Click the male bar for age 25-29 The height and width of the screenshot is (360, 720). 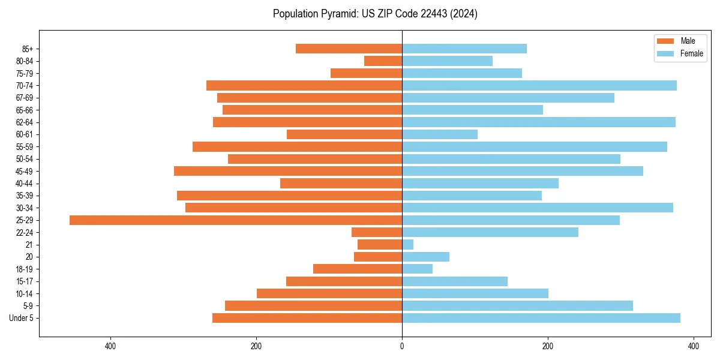(x=236, y=220)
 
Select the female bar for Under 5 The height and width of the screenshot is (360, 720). (x=541, y=318)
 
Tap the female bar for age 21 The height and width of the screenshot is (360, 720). (x=408, y=245)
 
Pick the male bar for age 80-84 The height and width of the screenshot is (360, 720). (x=383, y=61)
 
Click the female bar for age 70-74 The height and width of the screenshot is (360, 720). (x=539, y=86)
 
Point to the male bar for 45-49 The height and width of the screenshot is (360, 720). (x=288, y=171)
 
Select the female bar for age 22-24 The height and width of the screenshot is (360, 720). (x=490, y=232)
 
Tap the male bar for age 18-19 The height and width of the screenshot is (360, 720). (x=358, y=269)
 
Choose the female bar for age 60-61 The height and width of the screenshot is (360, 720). (x=440, y=134)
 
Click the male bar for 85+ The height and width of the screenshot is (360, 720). (x=349, y=49)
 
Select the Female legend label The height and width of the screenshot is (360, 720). (x=691, y=53)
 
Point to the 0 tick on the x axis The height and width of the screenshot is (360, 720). (x=402, y=346)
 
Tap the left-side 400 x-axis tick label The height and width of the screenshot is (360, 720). (x=110, y=346)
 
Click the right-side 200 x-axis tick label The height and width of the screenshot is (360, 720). (x=548, y=346)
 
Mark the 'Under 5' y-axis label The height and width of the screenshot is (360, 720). (x=21, y=318)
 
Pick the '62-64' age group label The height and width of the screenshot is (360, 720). (x=24, y=122)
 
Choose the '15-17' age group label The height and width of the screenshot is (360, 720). (x=24, y=281)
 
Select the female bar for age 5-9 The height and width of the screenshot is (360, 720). (x=517, y=306)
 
